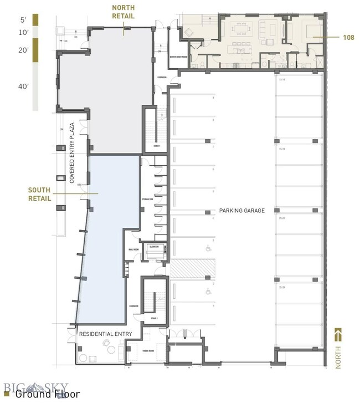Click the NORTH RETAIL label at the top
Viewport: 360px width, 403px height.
tap(124, 12)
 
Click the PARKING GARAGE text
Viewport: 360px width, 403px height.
tap(242, 211)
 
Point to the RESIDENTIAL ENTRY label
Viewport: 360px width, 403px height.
tap(105, 334)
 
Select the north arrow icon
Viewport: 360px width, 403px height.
tap(338, 335)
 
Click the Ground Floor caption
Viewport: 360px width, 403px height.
tap(47, 395)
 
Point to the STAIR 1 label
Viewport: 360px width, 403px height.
tap(157, 146)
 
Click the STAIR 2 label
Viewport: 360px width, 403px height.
tap(155, 319)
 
